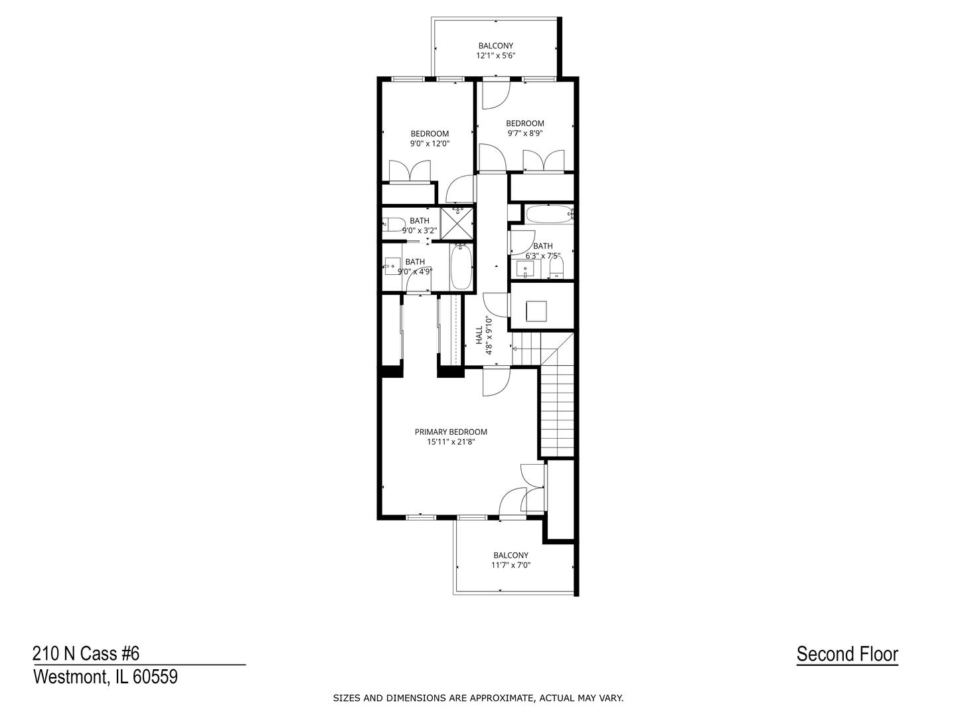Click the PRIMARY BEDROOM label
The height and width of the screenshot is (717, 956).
pyautogui.click(x=451, y=432)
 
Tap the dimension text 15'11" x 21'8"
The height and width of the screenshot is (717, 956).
pyautogui.click(x=451, y=441)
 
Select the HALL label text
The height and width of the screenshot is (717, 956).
pyautogui.click(x=479, y=335)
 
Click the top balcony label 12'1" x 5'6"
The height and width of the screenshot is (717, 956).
pyautogui.click(x=495, y=56)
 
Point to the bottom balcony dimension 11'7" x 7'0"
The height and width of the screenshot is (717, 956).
pyautogui.click(x=511, y=566)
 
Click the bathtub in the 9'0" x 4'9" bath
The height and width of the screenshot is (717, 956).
pyautogui.click(x=461, y=267)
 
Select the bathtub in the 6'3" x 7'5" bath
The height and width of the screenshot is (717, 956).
pyautogui.click(x=548, y=214)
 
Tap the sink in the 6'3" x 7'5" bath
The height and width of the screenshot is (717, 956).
pyautogui.click(x=525, y=270)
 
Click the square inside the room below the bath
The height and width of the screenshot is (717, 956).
pyautogui.click(x=536, y=311)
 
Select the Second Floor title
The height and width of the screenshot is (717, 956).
pyautogui.click(x=847, y=654)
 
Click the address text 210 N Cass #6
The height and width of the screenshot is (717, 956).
pyautogui.click(x=86, y=654)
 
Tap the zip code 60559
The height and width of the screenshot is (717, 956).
pyautogui.click(x=155, y=677)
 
